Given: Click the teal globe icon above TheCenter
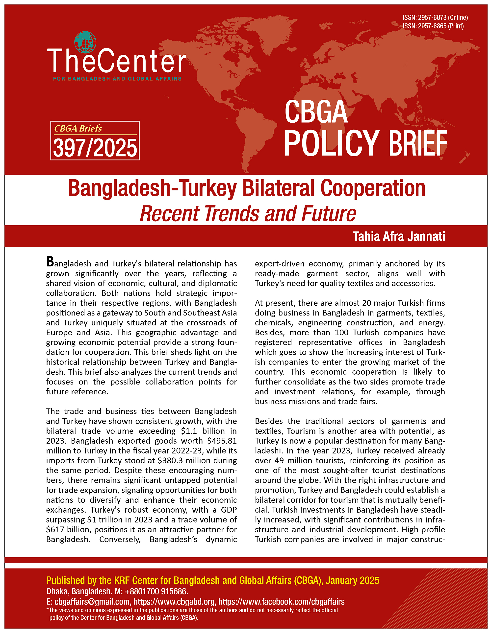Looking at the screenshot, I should [85, 42].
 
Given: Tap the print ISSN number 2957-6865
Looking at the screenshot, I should [432, 26].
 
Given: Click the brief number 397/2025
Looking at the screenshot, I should [95, 148].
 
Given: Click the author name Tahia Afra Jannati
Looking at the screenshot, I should [399, 236].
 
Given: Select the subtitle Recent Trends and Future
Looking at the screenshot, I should [248, 214].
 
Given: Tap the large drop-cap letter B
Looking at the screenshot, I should [50, 262].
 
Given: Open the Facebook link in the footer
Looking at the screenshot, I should [281, 602].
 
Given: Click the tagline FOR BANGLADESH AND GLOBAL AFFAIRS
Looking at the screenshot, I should [117, 79].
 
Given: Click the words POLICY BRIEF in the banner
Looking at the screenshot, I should [365, 143].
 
